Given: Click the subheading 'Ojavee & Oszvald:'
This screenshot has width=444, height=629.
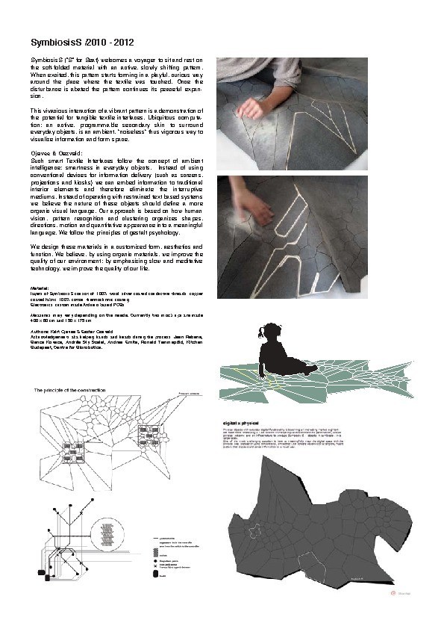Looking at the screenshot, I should click(x=54, y=152).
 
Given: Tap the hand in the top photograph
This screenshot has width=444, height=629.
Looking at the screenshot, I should click(x=246, y=105).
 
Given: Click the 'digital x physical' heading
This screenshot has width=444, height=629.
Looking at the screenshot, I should click(x=243, y=422).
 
